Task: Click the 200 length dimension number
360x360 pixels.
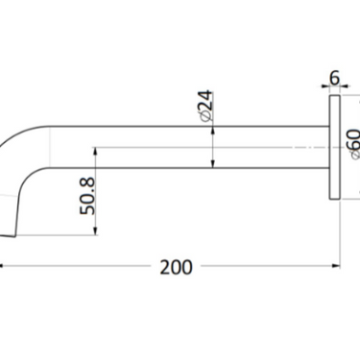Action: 176,267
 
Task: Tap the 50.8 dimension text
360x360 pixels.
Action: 87,196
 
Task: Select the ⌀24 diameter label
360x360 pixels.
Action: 205,106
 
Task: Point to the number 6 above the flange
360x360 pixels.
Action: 334,78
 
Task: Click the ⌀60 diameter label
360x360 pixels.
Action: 354,144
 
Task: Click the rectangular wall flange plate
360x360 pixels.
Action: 334,147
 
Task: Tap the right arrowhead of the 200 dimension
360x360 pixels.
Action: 336,266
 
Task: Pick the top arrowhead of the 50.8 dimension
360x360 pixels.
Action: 96,151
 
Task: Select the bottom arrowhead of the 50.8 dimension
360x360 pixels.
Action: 96,231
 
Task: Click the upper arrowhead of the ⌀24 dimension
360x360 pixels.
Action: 213,131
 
